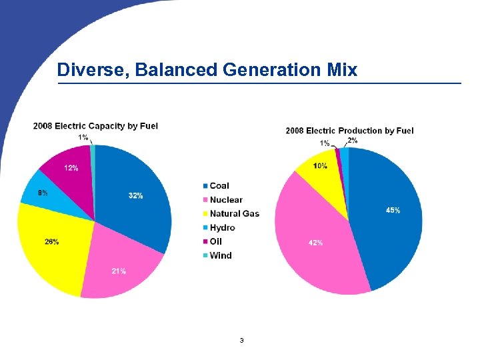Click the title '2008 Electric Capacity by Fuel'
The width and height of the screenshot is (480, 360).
[95, 125]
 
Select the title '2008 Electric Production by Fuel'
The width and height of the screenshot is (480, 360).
[349, 130]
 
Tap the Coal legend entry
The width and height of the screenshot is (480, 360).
[219, 186]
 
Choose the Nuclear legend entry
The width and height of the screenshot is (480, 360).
[225, 200]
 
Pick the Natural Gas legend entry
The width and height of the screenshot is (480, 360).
[233, 214]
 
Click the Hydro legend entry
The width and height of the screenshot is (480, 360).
[221, 228]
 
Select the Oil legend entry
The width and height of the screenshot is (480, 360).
[215, 241]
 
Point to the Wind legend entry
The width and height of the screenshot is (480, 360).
[220, 255]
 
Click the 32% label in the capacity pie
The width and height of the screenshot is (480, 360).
[135, 195]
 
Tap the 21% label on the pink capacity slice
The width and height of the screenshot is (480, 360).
[119, 271]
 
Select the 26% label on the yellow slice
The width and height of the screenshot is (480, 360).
[51, 241]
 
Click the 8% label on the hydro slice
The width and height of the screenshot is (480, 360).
[43, 193]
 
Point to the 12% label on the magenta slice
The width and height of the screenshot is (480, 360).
[71, 167]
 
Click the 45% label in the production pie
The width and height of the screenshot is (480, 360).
[393, 210]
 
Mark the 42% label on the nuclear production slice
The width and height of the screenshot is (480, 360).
[315, 243]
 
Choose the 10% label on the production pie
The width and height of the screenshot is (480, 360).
[320, 165]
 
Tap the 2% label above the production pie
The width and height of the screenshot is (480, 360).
[352, 140]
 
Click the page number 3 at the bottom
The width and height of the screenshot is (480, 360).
[241, 341]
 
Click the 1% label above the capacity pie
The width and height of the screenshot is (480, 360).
[83, 137]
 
